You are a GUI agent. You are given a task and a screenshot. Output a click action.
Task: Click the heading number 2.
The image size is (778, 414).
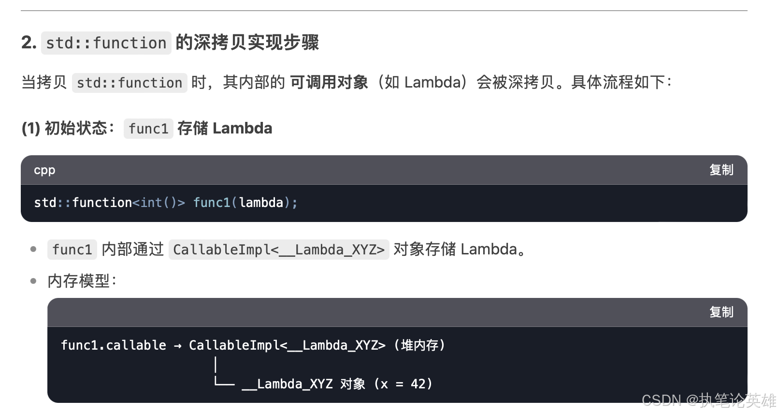(x=29, y=43)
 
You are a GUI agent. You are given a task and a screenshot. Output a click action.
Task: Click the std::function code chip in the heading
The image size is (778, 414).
(x=106, y=43)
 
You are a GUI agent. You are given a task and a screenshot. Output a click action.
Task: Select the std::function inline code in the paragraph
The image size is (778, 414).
(x=130, y=83)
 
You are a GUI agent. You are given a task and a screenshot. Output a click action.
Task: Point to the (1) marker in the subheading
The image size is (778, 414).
(x=30, y=128)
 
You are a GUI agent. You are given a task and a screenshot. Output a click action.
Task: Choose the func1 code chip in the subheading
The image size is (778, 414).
(x=148, y=129)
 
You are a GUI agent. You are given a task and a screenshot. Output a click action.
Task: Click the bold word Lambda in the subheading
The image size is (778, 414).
(x=242, y=128)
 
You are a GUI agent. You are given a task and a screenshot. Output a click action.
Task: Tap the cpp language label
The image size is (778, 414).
(x=44, y=170)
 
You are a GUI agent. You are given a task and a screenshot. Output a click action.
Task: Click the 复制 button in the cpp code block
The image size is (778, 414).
(x=721, y=170)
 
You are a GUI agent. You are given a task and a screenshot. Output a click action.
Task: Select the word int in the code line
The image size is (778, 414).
(x=151, y=203)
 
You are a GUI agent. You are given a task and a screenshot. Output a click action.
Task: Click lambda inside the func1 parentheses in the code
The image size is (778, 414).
(x=261, y=203)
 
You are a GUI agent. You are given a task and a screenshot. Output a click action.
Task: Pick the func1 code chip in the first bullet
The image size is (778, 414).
(x=72, y=250)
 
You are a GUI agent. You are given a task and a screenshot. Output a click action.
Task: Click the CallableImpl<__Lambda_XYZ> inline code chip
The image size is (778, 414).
(x=279, y=250)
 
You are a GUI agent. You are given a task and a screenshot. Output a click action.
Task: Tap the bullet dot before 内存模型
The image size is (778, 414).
(x=33, y=281)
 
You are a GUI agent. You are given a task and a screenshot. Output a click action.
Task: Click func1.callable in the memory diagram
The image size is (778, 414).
(x=114, y=345)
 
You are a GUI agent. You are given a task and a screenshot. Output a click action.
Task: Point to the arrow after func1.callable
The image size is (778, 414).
(x=178, y=346)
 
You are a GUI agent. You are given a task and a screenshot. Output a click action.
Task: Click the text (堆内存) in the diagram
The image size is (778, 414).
(x=419, y=345)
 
